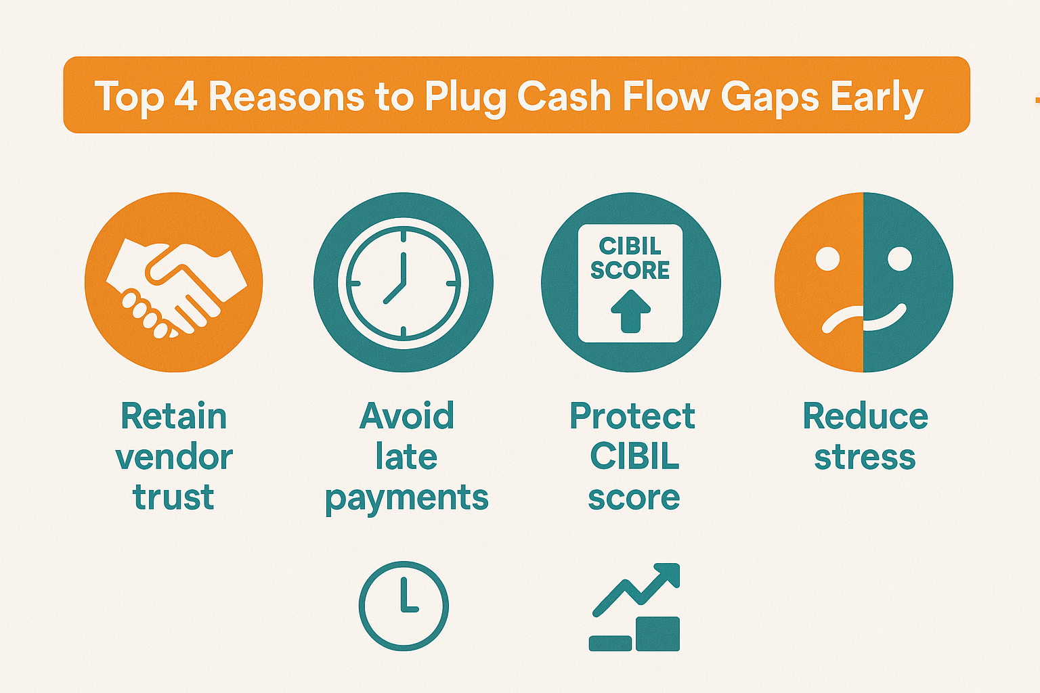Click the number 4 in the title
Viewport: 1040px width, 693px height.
186,97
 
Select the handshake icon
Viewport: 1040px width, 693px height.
176,288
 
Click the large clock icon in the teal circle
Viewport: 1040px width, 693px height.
404,283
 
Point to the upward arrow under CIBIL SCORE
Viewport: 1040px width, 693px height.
630,311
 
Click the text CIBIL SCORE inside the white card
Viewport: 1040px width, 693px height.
630,258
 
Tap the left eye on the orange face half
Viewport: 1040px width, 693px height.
827,258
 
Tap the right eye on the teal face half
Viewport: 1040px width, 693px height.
900,258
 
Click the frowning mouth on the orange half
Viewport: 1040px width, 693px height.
842,318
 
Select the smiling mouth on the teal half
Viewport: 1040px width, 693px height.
885,318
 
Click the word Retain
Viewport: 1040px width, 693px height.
173,416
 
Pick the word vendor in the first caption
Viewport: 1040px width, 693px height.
174,457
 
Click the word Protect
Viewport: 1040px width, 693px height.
632,416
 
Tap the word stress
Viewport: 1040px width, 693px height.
865,457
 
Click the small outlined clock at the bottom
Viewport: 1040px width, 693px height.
404,606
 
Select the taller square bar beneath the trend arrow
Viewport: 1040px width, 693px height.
657,633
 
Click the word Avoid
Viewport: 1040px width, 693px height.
406,416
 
